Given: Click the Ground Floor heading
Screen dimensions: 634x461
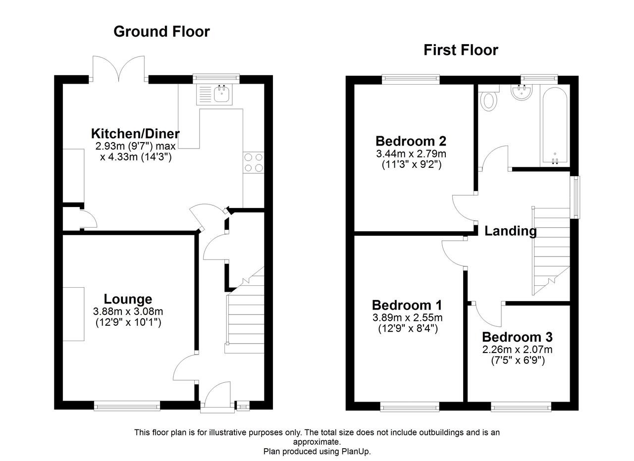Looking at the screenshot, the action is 161,32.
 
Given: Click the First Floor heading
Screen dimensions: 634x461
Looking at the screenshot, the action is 461,50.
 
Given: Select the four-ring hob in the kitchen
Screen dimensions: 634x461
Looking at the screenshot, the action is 253,162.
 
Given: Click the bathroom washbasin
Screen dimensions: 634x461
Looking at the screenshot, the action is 522,92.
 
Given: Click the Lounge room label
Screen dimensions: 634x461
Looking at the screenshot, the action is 128,299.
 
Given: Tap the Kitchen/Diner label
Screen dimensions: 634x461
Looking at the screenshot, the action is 135,134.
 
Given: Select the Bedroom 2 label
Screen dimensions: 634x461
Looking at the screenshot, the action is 411,141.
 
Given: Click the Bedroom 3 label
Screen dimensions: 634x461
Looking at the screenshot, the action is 518,337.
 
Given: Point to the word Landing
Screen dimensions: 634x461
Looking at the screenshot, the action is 511,231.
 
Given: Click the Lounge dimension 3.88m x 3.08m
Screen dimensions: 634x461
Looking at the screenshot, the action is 128,311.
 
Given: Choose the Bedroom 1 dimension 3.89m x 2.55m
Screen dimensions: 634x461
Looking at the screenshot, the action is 408,317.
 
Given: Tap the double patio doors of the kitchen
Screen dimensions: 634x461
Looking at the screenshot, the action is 119,68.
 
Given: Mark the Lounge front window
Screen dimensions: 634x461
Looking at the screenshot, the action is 127,407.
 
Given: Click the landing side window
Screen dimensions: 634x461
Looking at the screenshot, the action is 575,197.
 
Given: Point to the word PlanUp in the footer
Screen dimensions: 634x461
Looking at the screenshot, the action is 356,451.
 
